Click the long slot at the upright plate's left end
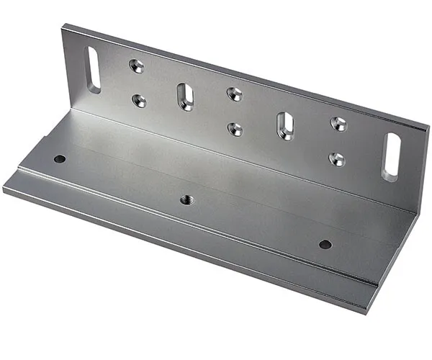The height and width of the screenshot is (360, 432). tap(94, 70)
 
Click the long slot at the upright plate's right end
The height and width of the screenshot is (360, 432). tap(391, 157)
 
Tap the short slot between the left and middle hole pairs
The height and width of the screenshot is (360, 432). tap(185, 96)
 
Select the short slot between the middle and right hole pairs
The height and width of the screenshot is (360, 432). tap(285, 125)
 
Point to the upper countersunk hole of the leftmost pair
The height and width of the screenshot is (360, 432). tap(136, 66)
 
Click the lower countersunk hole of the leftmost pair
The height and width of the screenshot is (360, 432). tap(139, 101)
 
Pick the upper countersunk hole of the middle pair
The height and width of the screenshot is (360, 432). tap(234, 94)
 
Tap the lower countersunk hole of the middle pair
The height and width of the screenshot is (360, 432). tap(235, 129)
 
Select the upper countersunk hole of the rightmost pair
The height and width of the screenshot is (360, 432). tap(338, 124)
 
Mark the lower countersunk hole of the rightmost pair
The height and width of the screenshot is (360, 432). tap(337, 159)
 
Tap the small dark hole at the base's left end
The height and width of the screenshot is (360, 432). tap(60, 158)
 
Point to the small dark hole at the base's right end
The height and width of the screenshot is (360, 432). tap(325, 244)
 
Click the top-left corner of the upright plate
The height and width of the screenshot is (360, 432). tap(63, 26)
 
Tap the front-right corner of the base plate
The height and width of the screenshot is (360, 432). tap(366, 312)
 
